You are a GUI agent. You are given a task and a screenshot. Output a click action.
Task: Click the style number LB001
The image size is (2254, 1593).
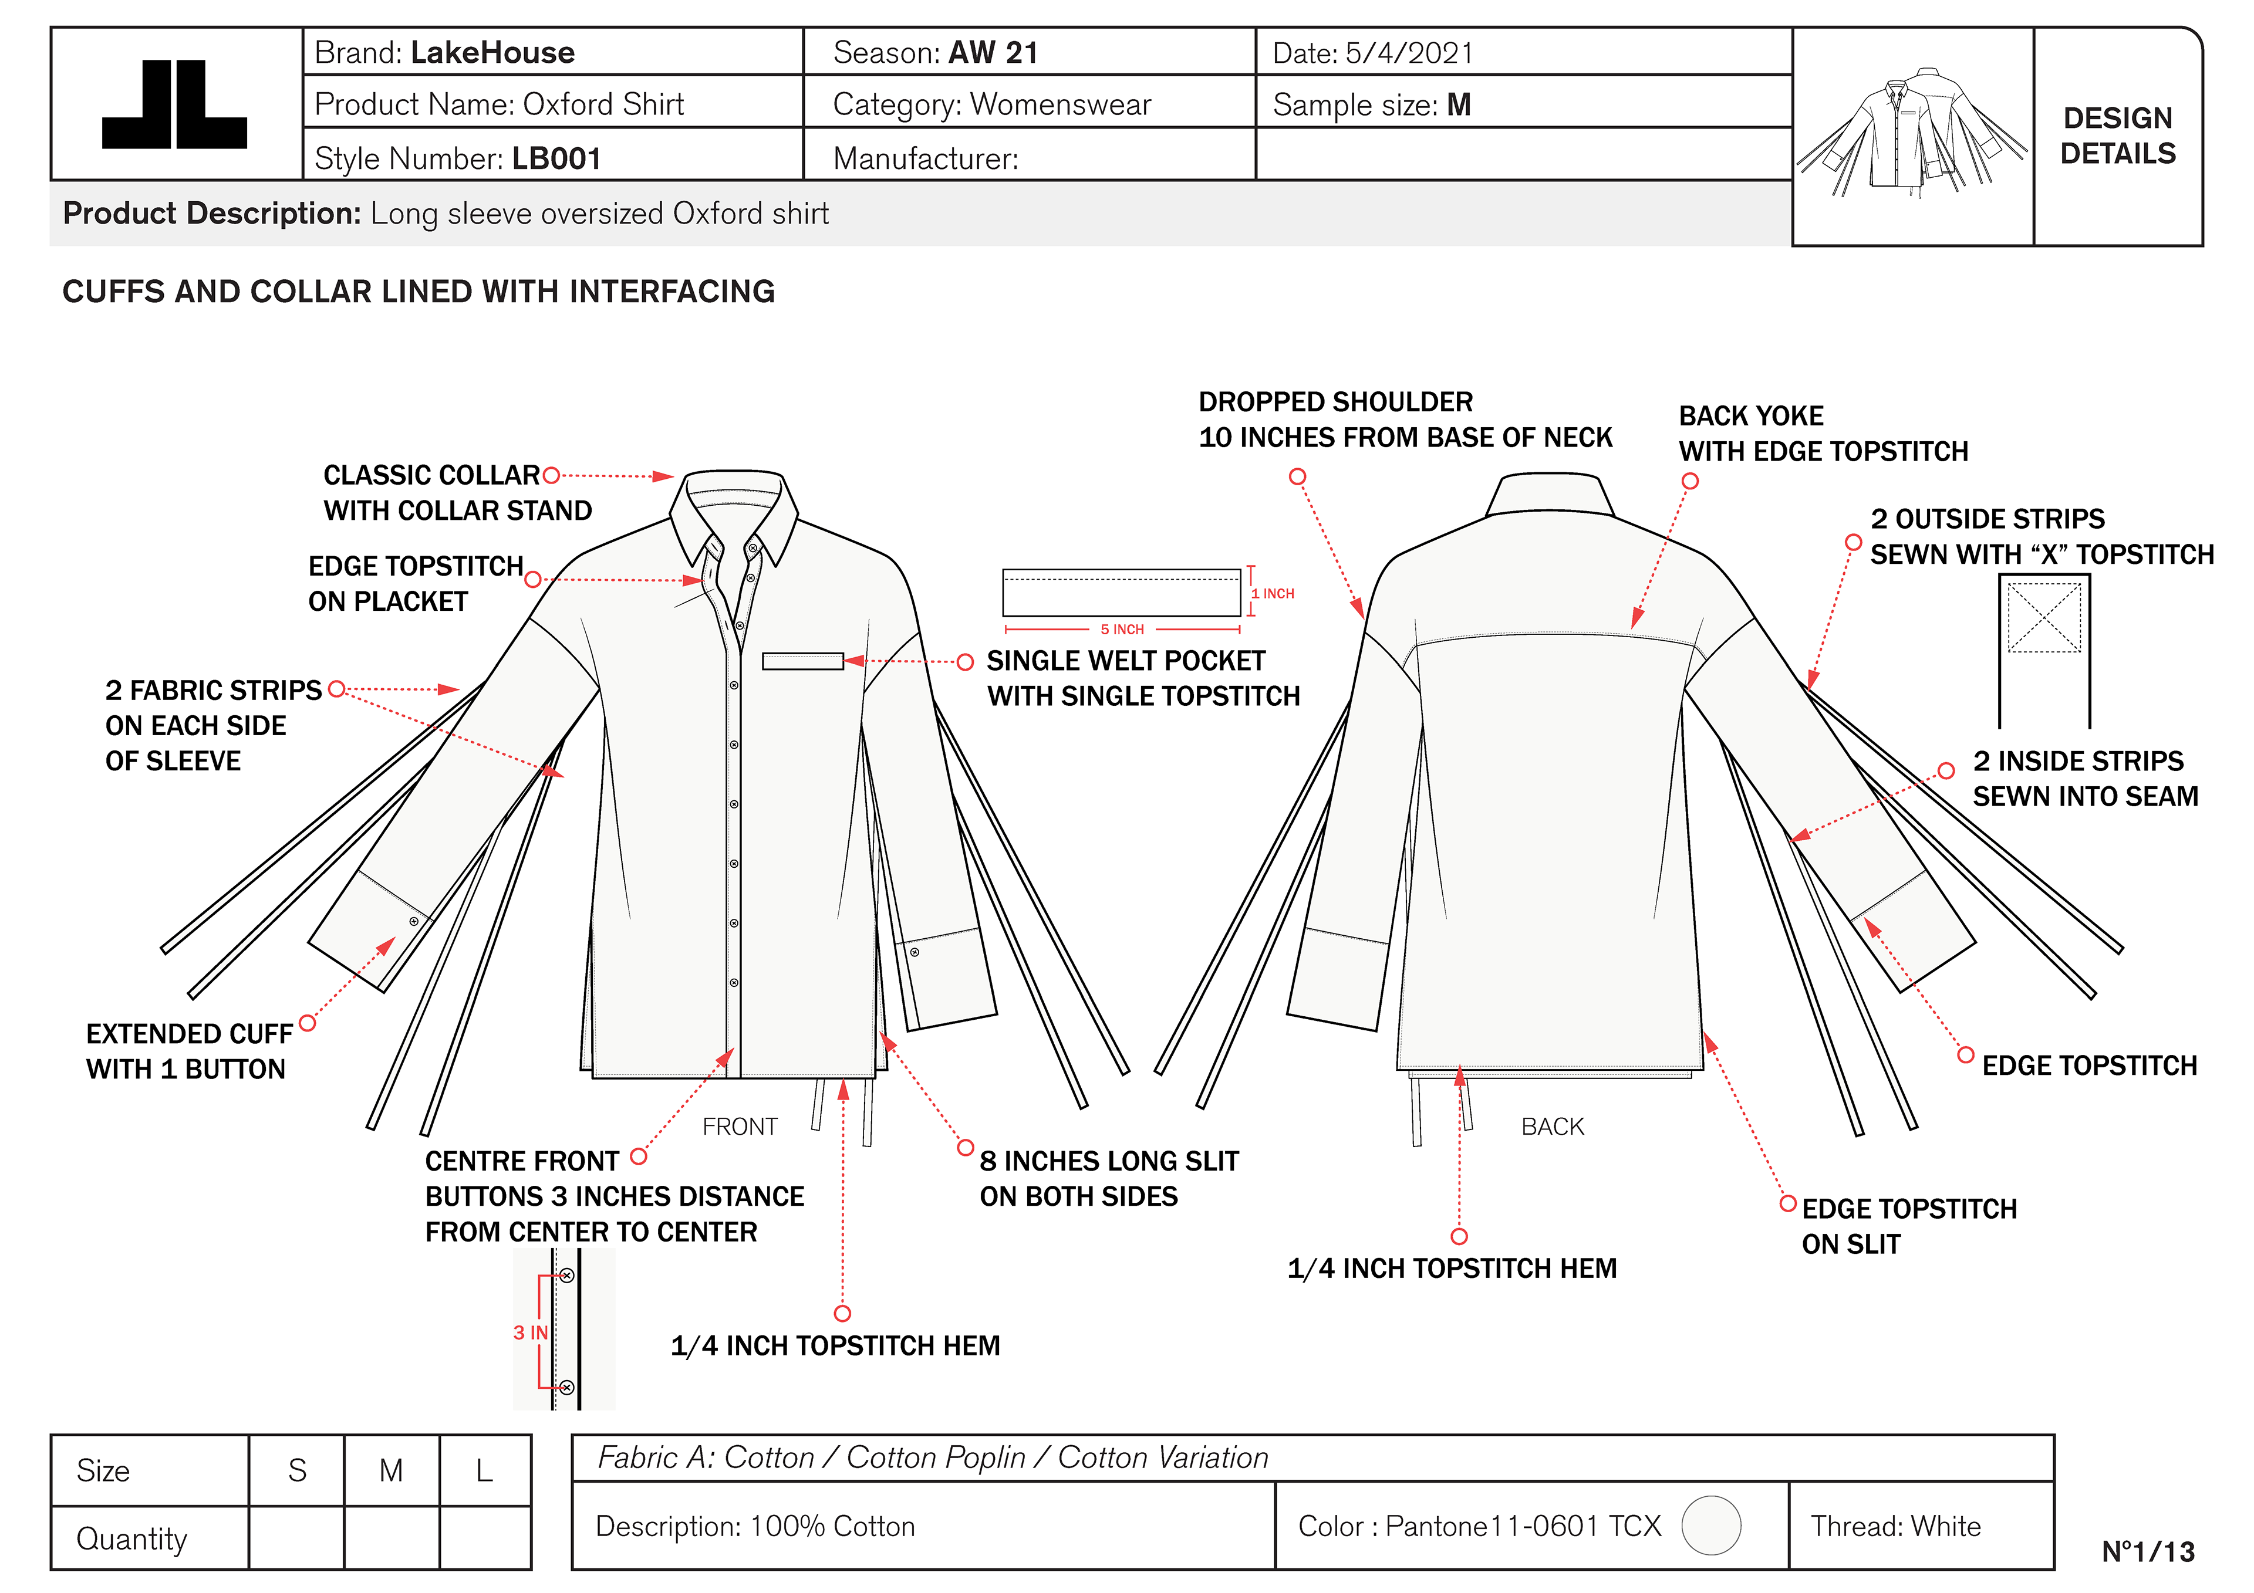tap(556, 158)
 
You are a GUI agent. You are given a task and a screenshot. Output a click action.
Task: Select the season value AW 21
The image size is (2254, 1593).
tap(994, 53)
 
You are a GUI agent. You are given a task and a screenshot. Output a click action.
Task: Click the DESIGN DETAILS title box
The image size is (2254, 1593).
tap(2118, 136)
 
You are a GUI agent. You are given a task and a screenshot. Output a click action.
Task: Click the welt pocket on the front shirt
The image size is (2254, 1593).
tap(802, 661)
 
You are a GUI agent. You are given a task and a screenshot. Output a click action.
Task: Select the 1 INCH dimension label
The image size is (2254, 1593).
tap(1273, 594)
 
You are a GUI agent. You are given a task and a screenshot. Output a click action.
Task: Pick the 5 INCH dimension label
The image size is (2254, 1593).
tap(1122, 629)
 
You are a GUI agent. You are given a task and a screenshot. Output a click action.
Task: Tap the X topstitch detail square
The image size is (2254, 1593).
tap(2044, 617)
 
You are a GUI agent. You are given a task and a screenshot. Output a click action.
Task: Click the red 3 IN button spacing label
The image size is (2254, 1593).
tap(530, 1332)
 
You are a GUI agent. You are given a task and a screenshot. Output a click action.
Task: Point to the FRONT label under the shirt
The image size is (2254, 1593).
tap(739, 1126)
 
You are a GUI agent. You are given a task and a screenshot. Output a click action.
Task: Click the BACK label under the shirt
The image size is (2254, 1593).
tap(1552, 1126)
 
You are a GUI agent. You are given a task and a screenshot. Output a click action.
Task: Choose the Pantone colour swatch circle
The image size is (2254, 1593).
tap(1711, 1526)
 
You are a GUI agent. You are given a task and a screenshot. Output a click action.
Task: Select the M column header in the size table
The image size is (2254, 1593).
tap(391, 1470)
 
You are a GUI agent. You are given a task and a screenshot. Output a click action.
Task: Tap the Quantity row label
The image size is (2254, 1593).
tap(131, 1538)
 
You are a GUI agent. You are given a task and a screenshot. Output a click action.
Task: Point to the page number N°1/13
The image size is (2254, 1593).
tap(2147, 1552)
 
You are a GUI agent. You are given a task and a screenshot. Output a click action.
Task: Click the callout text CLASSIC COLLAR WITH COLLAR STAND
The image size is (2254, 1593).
tap(457, 493)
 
